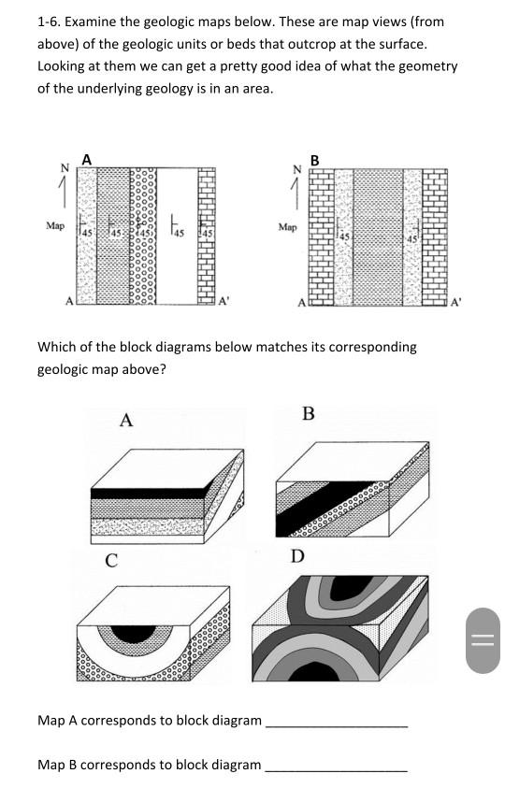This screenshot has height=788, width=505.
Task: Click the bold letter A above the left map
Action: tap(86, 160)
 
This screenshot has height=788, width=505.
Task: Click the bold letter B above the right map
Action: tap(314, 160)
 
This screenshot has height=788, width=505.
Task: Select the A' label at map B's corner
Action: tap(455, 301)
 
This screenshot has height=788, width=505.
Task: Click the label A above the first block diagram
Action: tap(125, 421)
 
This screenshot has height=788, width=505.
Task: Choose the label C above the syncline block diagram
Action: tap(110, 561)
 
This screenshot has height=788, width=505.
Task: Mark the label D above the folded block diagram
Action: tap(296, 557)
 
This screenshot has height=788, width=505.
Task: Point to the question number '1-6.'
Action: tap(49, 21)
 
